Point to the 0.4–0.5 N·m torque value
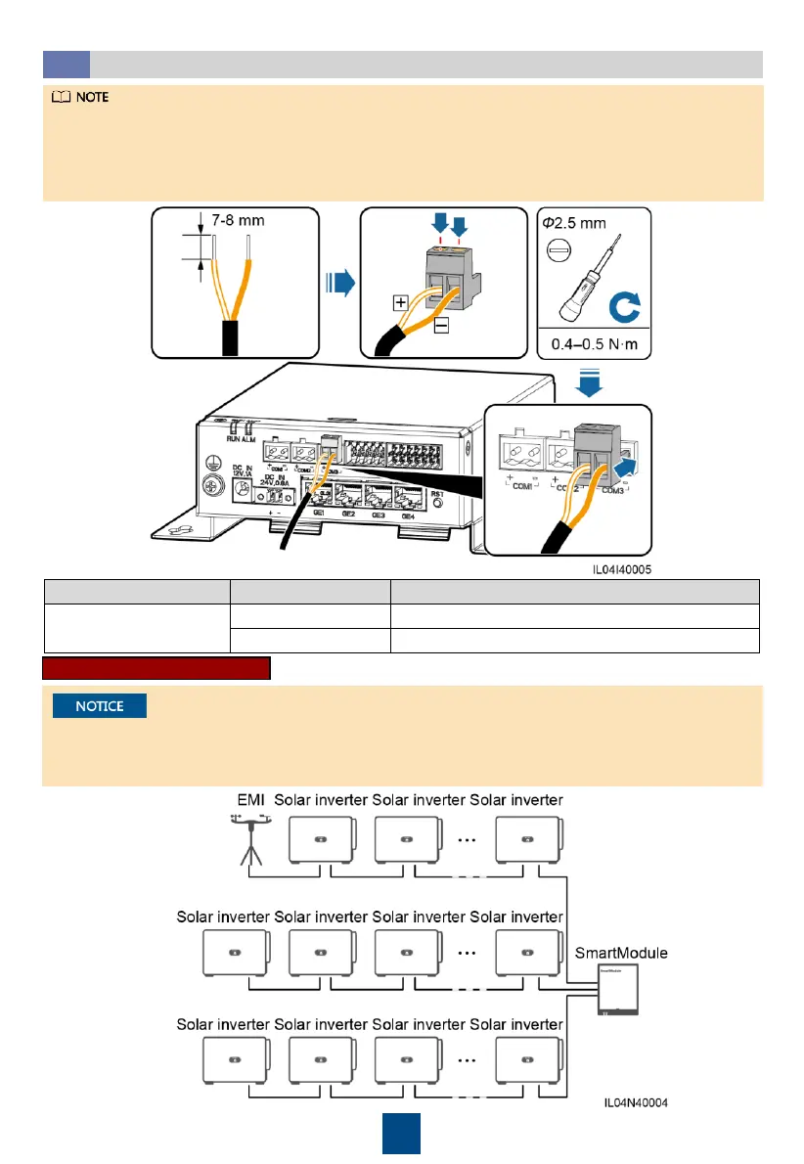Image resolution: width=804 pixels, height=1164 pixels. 594,345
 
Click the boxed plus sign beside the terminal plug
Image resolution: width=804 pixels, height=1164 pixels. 401,302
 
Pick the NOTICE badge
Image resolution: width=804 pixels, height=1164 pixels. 99,705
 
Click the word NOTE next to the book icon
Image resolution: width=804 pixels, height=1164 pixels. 93,98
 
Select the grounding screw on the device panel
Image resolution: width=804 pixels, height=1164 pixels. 210,485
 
